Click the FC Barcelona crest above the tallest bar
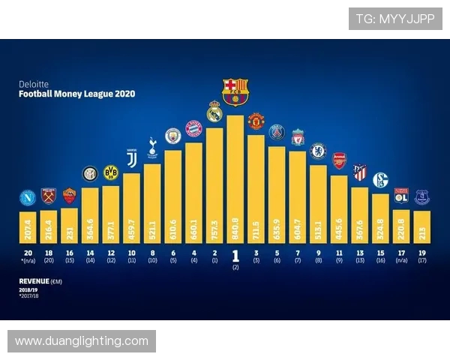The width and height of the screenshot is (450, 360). [235, 91]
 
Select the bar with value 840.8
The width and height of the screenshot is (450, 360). [235, 180]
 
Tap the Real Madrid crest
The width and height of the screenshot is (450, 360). [214, 112]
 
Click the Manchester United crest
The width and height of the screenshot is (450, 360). [256, 121]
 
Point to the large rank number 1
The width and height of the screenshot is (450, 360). [235, 254]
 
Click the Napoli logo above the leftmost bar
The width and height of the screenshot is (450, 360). [28, 198]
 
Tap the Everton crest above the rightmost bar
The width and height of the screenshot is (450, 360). [421, 196]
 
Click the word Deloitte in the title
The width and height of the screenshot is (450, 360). [33, 85]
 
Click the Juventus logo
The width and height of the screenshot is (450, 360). [132, 160]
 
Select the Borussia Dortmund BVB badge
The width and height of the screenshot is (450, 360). [111, 172]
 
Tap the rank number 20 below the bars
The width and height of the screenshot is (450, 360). [28, 253]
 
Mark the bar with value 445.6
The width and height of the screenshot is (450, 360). [339, 210]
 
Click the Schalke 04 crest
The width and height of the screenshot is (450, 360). [380, 179]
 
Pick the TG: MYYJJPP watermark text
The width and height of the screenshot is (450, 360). [394, 19]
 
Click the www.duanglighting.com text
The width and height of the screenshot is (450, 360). [82, 341]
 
